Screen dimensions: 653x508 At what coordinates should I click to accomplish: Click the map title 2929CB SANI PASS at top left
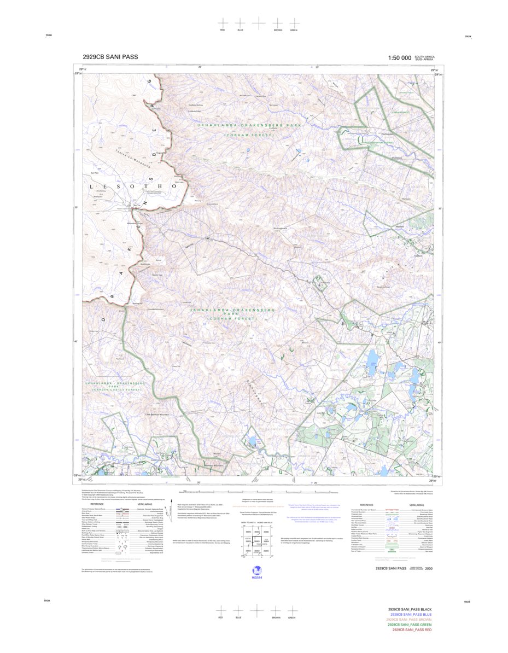pyautogui.click(x=110, y=57)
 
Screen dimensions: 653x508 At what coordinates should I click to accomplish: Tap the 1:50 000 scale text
pyautogui.click(x=399, y=58)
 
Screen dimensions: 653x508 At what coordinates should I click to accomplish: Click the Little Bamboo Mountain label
pyautogui.click(x=159, y=414)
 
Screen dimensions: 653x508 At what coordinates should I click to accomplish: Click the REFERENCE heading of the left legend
pyautogui.click(x=97, y=504)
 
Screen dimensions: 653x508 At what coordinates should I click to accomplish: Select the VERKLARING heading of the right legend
pyautogui.click(x=417, y=505)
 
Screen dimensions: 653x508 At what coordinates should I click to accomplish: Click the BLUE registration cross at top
pyautogui.click(x=240, y=22)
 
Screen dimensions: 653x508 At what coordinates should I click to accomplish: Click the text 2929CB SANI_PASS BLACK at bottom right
pyautogui.click(x=410, y=609)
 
